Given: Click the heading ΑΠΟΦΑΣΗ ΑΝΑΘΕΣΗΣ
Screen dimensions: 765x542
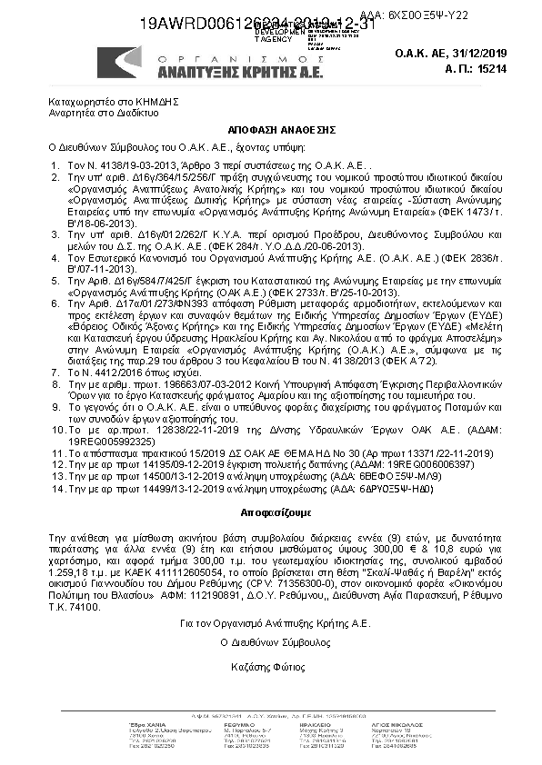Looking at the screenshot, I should click(x=271, y=131).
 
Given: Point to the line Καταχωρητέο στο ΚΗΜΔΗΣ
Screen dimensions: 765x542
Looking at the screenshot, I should click(x=105, y=106).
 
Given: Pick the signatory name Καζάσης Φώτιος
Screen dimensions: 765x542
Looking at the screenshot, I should click(x=271, y=642).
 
